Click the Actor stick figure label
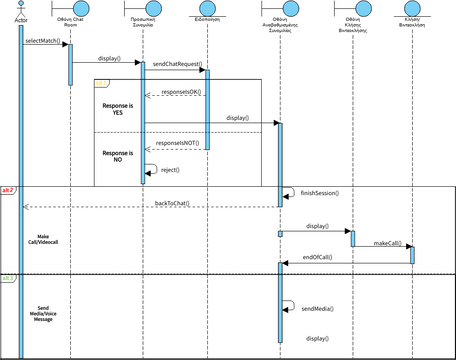pos(21,20)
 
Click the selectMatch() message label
pos(42,42)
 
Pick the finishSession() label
pos(320,192)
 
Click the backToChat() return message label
pos(171,202)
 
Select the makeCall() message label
pos(388,243)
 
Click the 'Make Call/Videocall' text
pos(50,240)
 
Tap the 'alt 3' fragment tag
pos(8,277)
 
